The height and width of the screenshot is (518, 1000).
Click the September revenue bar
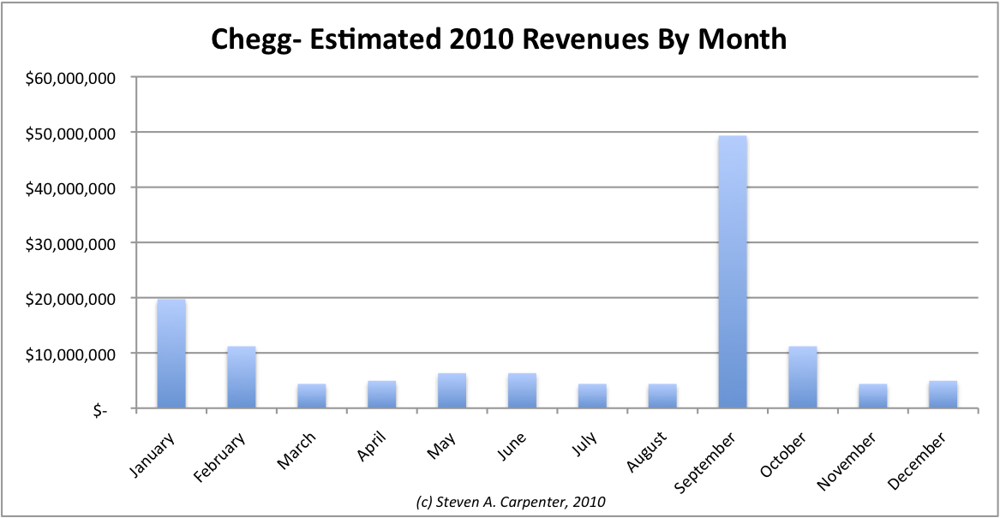[733, 272]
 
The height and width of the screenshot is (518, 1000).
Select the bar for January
[171, 354]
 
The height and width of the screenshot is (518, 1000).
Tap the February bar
[241, 378]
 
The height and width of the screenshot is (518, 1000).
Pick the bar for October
[803, 378]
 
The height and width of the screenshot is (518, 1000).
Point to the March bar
[311, 396]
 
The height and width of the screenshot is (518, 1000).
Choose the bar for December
[943, 395]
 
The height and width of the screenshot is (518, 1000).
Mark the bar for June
[522, 391]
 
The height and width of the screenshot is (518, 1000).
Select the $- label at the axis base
[102, 410]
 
